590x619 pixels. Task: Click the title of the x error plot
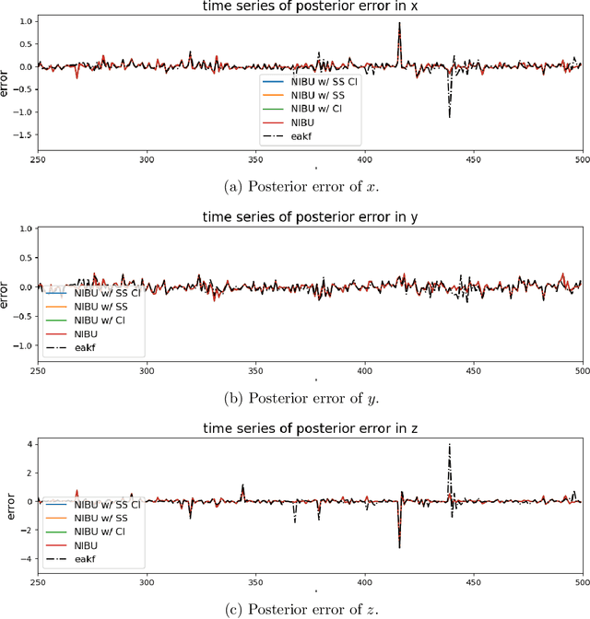[310, 8]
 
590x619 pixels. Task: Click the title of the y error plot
[310, 218]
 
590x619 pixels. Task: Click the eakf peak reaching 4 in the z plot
[449, 445]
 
